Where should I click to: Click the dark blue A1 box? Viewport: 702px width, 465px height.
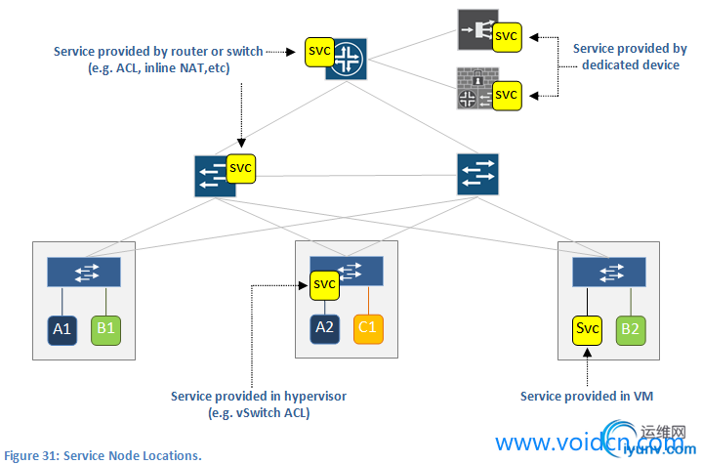pyautogui.click(x=62, y=329)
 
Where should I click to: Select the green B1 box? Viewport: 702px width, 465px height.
pyautogui.click(x=105, y=329)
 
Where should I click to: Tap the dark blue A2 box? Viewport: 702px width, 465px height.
pyautogui.click(x=324, y=327)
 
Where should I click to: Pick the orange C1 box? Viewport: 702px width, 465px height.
pyautogui.click(x=368, y=327)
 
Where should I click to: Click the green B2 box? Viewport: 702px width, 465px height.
pyautogui.click(x=630, y=328)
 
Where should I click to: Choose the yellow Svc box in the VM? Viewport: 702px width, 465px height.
pyautogui.click(x=587, y=328)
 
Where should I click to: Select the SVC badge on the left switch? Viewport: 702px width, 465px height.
pyautogui.click(x=240, y=167)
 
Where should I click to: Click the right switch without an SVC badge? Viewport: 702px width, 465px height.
pyautogui.click(x=477, y=174)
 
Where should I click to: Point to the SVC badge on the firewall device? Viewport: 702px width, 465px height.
pyautogui.click(x=506, y=95)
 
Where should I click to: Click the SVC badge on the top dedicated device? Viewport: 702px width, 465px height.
pyautogui.click(x=506, y=35)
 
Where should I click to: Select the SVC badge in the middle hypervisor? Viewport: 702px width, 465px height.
pyautogui.click(x=324, y=284)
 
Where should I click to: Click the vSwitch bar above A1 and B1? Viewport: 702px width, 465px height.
pyautogui.click(x=84, y=272)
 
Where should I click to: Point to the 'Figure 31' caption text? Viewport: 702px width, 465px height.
pyautogui.click(x=103, y=455)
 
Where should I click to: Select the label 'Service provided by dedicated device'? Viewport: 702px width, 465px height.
pyautogui.click(x=630, y=57)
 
